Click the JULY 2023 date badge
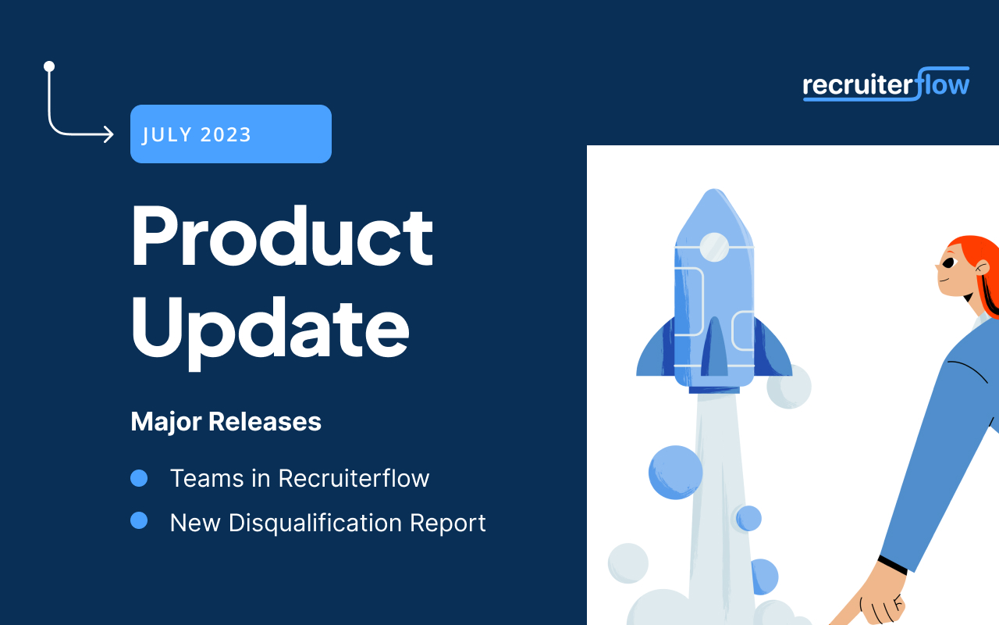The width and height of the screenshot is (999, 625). point(231,134)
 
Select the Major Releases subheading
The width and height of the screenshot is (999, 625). point(226,422)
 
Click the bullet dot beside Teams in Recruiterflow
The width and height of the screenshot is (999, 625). point(139,478)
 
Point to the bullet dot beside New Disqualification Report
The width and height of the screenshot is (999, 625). point(139,520)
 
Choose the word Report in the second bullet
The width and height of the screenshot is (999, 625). point(450,523)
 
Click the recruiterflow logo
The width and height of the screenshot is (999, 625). point(886,84)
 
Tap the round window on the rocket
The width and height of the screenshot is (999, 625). point(714,247)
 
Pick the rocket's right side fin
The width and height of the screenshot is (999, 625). point(773,350)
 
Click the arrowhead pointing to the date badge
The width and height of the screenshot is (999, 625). point(108,135)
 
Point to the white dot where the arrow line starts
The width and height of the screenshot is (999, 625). point(49,66)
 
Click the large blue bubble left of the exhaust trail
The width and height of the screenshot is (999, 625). point(676,472)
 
